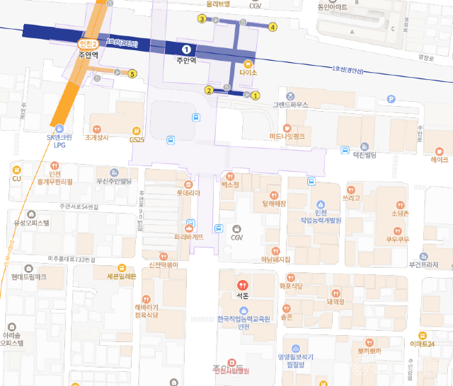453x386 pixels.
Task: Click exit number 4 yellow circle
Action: tap(273, 28)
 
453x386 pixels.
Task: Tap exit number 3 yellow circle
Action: tap(202, 19)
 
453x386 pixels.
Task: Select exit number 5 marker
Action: tap(132, 74)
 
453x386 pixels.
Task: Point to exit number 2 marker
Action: tap(209, 90)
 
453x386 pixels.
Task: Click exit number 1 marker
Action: tap(256, 95)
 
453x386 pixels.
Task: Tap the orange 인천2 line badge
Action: tap(87, 45)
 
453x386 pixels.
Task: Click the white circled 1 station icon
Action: tap(186, 49)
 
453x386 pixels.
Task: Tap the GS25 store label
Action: tap(136, 139)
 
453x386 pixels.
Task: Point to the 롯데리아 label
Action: tap(189, 192)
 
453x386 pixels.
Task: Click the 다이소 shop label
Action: tap(248, 72)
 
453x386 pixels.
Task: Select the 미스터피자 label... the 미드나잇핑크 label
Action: tap(287, 136)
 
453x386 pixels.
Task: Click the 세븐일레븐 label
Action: tap(122, 276)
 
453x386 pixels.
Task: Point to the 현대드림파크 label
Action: tap(29, 277)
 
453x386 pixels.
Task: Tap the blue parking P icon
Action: tap(391, 101)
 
